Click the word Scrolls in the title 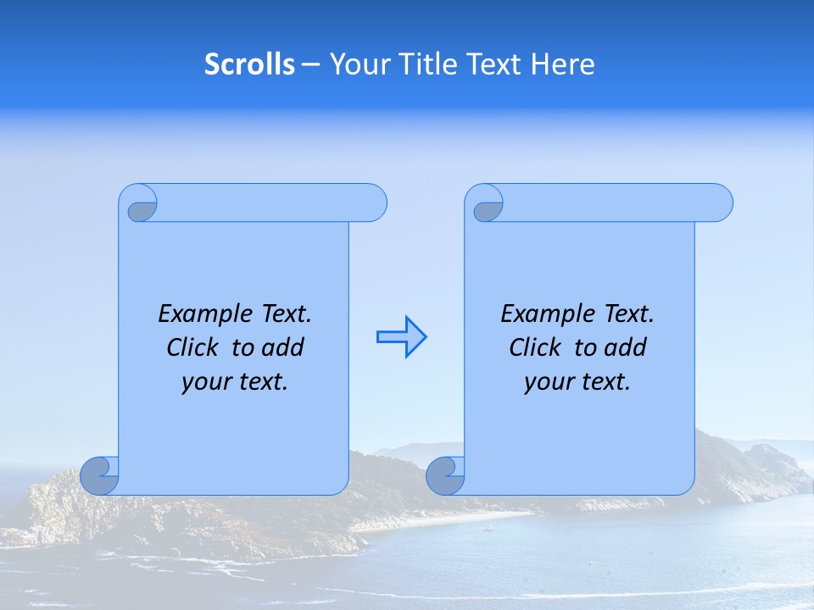coord(249,64)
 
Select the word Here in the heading coord(563,64)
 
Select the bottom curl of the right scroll coord(446,475)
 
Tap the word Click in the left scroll coord(191,347)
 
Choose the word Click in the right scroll coord(534,347)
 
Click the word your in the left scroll coord(204,381)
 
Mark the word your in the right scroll coord(547,381)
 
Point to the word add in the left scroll coord(282,347)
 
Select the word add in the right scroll coord(626,347)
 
